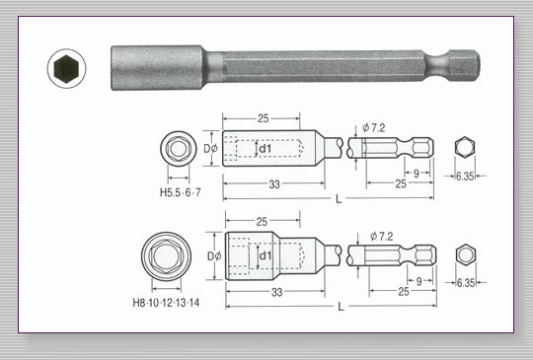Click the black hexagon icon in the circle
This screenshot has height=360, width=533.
click(x=66, y=69)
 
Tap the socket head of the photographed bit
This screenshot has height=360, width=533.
click(x=158, y=68)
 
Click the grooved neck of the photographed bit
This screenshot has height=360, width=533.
click(x=438, y=65)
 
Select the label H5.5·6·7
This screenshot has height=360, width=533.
click(x=181, y=192)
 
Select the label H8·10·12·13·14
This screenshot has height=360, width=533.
click(x=166, y=302)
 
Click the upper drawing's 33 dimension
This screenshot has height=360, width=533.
click(x=274, y=184)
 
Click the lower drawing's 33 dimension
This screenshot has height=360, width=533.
click(x=276, y=292)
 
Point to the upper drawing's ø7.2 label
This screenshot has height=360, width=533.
click(x=373, y=128)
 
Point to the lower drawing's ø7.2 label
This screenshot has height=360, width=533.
click(x=381, y=236)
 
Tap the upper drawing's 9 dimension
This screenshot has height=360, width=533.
click(x=417, y=174)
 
